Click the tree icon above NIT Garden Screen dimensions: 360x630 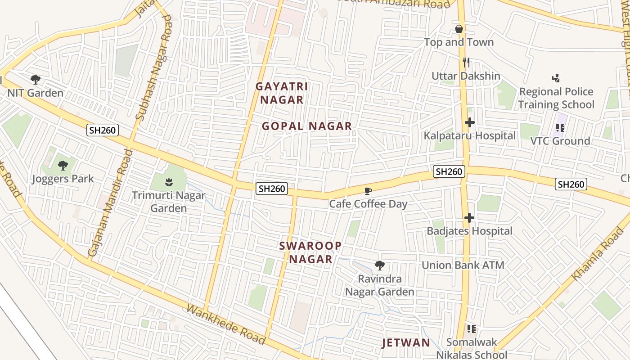tap(36, 80)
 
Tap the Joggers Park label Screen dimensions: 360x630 tap(63, 179)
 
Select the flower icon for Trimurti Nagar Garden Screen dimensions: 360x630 tap(168, 182)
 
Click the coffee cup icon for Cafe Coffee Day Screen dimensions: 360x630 tap(368, 191)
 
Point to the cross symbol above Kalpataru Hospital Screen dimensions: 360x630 tap(469, 122)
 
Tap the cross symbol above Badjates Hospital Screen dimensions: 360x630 tap(469, 218)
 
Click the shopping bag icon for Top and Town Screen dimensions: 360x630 tap(459, 29)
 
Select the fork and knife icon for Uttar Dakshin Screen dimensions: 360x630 tap(466, 63)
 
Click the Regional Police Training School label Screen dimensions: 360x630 tap(556, 98)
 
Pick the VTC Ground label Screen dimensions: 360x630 tap(560, 141)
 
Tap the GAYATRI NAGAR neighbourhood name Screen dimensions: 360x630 tap(282, 93)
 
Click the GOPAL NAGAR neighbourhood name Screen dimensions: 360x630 tap(307, 126)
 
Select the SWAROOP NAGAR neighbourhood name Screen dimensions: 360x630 tap(310, 252)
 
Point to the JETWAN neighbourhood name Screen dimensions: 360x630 tap(406, 343)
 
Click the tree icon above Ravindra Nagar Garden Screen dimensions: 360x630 tap(380, 265)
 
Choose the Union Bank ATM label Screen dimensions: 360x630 tap(463, 265)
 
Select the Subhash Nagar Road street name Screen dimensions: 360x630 tap(154, 67)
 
